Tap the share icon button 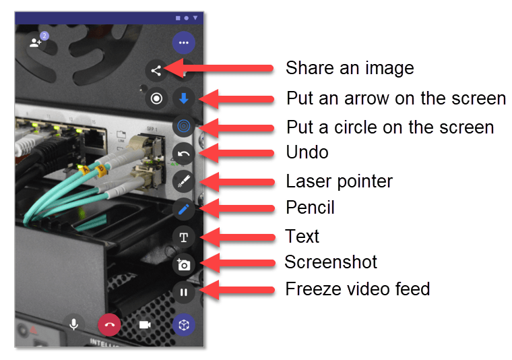156,71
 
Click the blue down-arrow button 184,98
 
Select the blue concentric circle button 184,126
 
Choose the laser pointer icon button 184,181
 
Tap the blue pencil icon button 184,209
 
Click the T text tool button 184,237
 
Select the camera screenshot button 184,265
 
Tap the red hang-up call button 109,325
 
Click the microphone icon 74,325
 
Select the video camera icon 145,325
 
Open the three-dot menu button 184,42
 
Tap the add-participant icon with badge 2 36,42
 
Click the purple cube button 184,325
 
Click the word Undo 307,152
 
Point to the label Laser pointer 340,181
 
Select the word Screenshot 331,262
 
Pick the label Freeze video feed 358,289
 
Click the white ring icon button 156,98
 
